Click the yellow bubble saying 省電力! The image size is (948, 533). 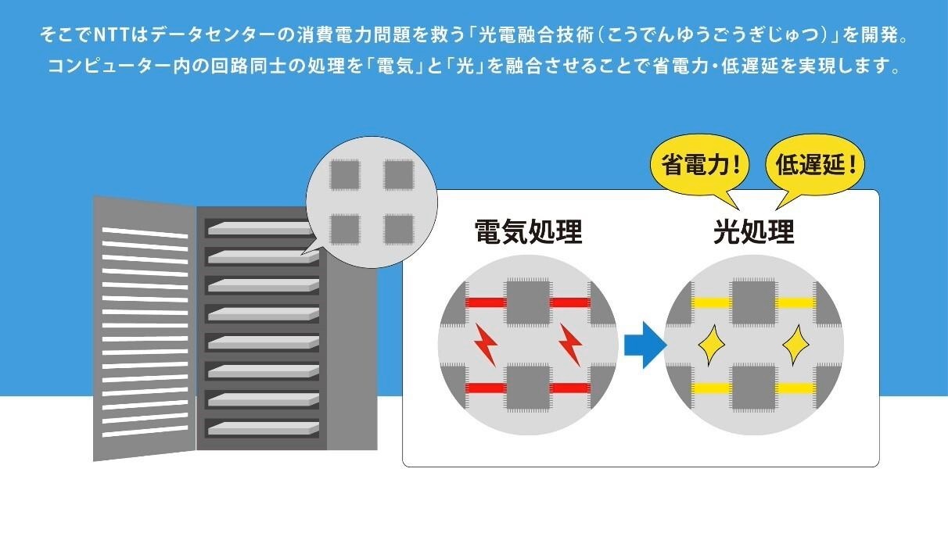coord(699,167)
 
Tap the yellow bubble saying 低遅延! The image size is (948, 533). coord(815,167)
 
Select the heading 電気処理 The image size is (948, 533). coord(528,231)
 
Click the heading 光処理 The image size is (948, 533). coord(754,231)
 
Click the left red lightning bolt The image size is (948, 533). coord(487,345)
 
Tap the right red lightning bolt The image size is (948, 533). coord(570,345)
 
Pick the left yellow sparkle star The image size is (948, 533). coord(712,345)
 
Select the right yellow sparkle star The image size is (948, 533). coord(795,345)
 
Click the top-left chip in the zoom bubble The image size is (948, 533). coord(345,175)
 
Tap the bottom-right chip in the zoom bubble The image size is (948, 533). coord(399,230)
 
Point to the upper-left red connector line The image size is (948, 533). coord(486,302)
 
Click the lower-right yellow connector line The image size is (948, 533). coord(795,388)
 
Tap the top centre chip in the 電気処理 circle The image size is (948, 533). coord(528,302)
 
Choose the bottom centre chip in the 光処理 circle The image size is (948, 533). coord(754,388)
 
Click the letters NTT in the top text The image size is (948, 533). coord(110,35)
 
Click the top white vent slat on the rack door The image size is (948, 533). coord(145,232)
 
